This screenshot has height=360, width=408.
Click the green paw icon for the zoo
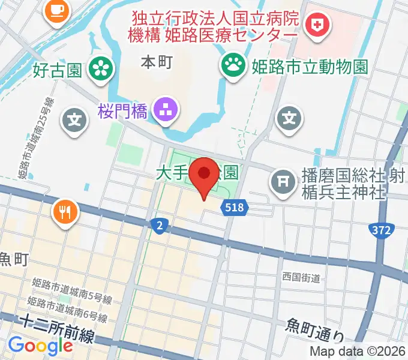click(231, 63)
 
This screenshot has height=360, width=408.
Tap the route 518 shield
click(235, 208)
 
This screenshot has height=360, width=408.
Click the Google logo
click(40, 346)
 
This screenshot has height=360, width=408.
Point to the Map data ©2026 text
click(358, 352)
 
